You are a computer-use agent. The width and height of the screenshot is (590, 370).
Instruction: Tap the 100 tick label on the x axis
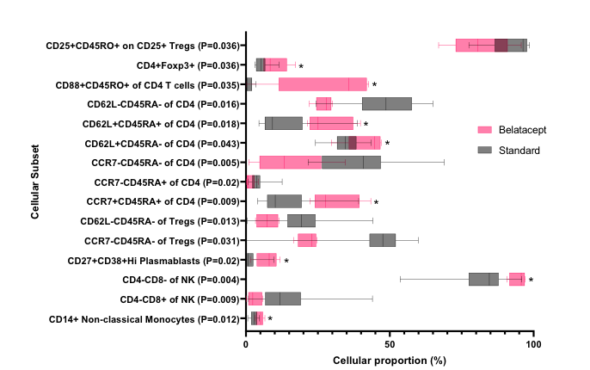532,344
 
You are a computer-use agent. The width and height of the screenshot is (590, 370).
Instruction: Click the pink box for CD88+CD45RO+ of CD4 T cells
323,84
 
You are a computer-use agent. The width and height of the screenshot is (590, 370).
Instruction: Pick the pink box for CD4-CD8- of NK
517,280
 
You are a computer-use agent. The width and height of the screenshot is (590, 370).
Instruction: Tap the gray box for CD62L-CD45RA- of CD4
386,104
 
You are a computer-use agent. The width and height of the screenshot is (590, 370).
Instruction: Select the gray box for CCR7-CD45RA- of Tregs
382,240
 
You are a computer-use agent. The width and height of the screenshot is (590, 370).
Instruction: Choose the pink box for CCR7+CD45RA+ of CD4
336,201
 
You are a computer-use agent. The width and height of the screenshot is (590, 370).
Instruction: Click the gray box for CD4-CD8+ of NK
282,299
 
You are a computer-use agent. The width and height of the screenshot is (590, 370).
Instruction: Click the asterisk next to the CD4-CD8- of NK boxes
532,281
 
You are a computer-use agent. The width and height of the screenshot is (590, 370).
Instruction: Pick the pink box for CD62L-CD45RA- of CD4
323,104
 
